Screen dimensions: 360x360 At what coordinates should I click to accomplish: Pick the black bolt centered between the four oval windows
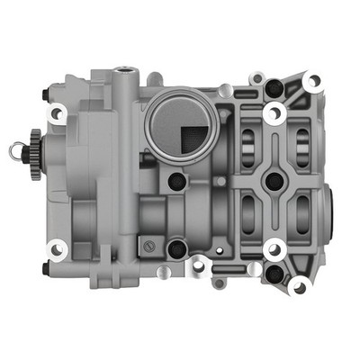274,180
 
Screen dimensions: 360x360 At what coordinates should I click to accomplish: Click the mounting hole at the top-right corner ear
312,81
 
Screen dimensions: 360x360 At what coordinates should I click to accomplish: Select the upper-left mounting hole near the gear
56,112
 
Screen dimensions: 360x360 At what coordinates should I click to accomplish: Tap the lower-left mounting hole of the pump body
57,249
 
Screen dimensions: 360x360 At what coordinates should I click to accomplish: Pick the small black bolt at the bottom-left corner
44,268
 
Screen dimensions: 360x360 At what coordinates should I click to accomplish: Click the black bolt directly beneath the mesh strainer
177,181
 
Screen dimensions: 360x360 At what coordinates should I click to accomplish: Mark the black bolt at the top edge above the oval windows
274,89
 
